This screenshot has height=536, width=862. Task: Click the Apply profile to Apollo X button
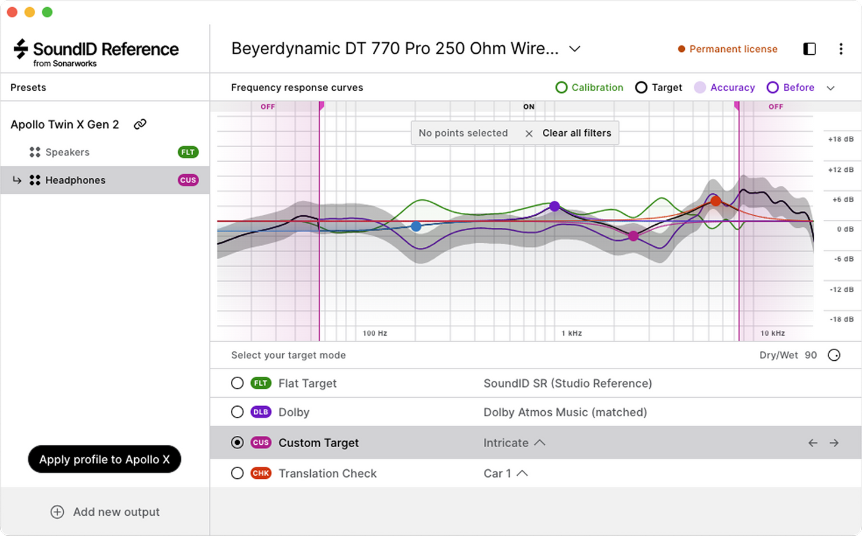point(104,459)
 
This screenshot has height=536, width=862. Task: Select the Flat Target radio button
point(237,383)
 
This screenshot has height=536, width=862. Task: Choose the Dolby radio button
point(237,412)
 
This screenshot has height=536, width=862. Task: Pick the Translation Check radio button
point(237,473)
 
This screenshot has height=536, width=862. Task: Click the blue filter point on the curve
point(416,227)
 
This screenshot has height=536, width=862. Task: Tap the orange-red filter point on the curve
point(715,202)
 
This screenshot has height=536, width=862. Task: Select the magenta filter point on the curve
point(634,236)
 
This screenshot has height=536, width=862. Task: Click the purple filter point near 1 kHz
point(555,206)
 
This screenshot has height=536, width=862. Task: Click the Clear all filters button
point(576,133)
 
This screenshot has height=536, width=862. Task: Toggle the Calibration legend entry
point(589,88)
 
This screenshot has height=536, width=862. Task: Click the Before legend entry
point(790,88)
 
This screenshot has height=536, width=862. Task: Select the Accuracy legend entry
point(725,88)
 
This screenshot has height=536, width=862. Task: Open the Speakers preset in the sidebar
point(67,152)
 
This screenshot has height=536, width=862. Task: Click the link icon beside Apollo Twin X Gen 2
point(140,125)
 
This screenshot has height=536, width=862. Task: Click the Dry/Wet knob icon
point(834,355)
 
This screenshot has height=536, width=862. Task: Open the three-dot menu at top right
point(841,49)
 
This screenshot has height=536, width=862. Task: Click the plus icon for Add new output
point(57,512)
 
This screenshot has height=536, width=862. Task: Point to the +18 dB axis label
point(841,140)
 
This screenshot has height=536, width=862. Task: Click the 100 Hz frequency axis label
point(375,333)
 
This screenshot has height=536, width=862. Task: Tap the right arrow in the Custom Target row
point(834,443)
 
